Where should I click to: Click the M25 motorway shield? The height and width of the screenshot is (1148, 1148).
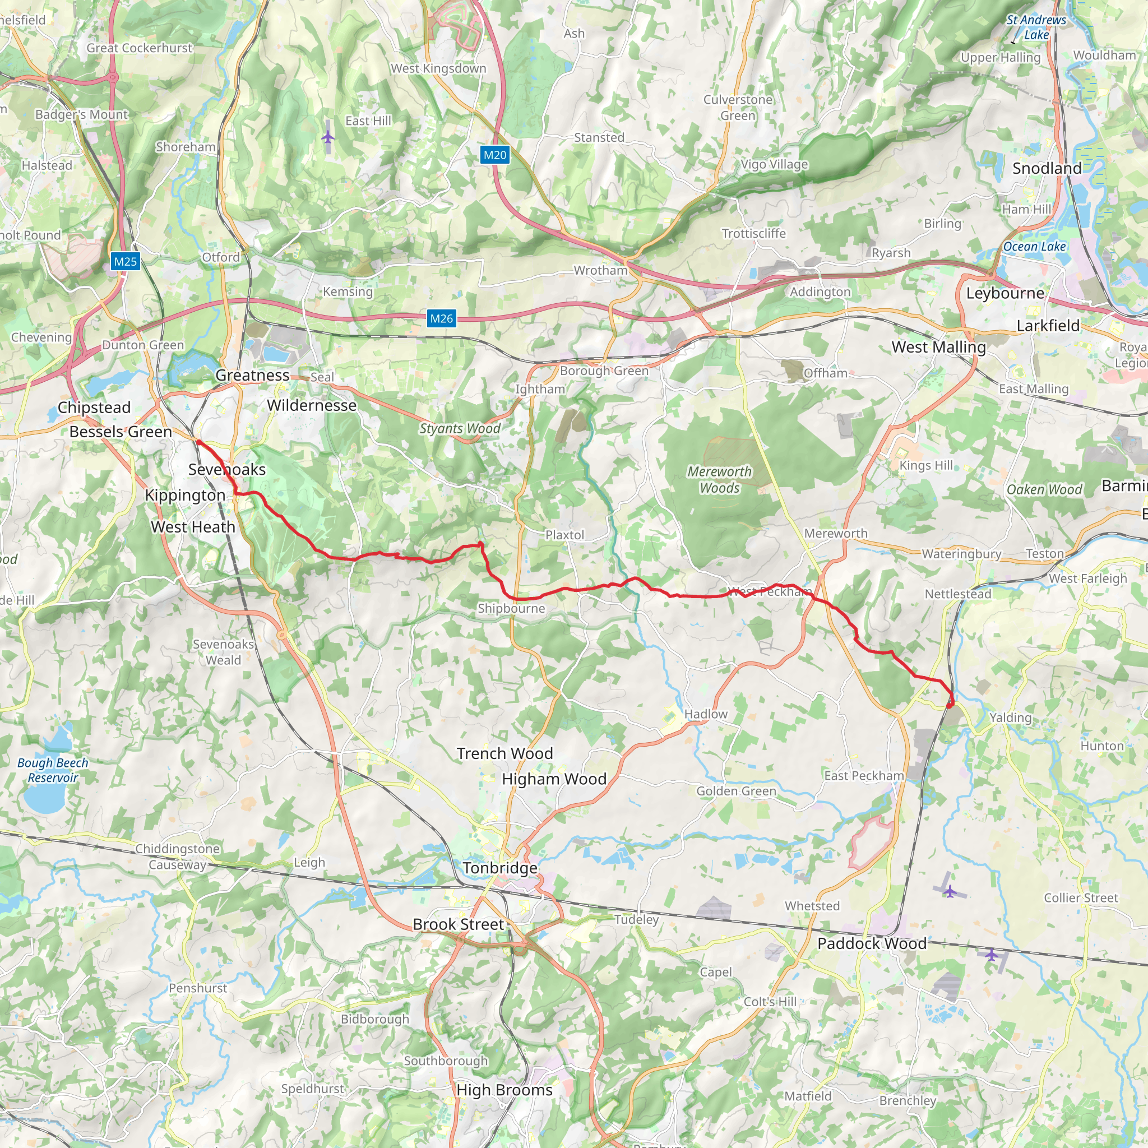click(126, 261)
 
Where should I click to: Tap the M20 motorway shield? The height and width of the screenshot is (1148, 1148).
click(494, 155)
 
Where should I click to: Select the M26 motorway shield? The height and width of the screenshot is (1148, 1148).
click(442, 318)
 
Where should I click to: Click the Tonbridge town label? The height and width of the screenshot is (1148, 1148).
click(501, 868)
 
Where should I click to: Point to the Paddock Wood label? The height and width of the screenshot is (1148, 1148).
click(872, 943)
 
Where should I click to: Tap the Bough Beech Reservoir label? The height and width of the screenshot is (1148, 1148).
click(52, 770)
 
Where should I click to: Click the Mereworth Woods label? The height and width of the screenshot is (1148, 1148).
click(719, 479)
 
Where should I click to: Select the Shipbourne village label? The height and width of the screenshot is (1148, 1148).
click(511, 608)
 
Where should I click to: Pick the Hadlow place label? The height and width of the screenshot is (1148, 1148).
click(705, 714)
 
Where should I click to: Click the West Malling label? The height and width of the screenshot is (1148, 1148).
click(938, 347)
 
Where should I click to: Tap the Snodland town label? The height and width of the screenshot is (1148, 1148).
click(1047, 168)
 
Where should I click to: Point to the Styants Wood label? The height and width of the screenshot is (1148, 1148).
click(459, 428)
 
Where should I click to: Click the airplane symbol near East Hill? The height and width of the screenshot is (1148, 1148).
click(328, 138)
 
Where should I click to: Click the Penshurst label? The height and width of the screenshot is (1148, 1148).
click(198, 988)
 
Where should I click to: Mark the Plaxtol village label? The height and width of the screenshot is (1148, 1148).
click(564, 535)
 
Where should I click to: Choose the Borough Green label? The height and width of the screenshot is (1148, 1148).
click(604, 371)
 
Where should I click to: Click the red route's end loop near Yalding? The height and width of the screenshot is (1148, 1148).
click(951, 702)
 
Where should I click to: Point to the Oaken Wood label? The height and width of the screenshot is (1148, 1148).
click(1044, 489)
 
